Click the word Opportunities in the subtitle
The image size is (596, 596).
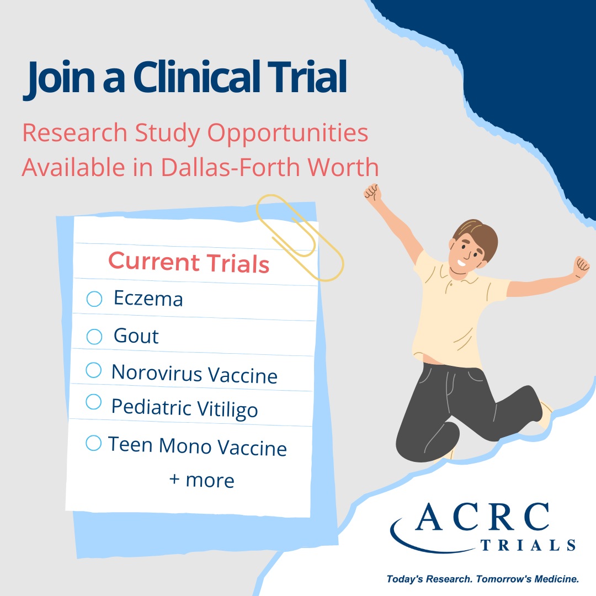click(x=288, y=134)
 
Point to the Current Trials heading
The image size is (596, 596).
click(x=189, y=262)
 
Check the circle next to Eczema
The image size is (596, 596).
click(x=94, y=299)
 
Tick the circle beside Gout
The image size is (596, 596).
click(x=94, y=337)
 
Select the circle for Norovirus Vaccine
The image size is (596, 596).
click(x=93, y=370)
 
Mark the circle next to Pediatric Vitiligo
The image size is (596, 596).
click(x=93, y=402)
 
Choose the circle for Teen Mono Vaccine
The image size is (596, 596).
click(x=93, y=443)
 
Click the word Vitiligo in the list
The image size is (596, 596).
click(x=228, y=409)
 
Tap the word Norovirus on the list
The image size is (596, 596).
click(x=157, y=372)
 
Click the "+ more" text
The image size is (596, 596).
click(x=202, y=481)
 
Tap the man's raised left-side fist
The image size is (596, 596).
click(x=373, y=193)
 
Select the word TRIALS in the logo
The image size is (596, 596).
click(x=528, y=545)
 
